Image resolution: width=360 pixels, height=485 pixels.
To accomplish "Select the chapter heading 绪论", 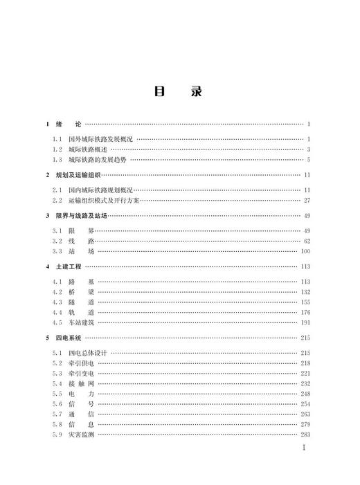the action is click(x=69, y=124).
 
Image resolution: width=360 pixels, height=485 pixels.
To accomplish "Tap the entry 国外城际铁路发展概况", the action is click(x=100, y=139).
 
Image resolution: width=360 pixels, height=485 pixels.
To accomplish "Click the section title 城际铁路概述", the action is click(x=88, y=149).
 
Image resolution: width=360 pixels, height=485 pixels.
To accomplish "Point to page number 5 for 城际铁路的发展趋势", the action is click(x=309, y=160).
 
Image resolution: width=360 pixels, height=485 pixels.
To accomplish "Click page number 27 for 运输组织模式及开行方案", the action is click(x=307, y=200).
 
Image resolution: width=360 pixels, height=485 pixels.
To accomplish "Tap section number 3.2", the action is click(x=57, y=241).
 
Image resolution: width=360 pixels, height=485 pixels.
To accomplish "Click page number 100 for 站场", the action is click(x=305, y=251).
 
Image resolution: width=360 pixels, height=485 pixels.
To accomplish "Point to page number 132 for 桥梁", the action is click(x=305, y=292).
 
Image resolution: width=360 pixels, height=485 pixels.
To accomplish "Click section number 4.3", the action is click(x=57, y=302).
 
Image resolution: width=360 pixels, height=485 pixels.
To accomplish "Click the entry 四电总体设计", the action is click(x=88, y=353).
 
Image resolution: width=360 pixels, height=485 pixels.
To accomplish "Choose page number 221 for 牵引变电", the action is click(x=305, y=373).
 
